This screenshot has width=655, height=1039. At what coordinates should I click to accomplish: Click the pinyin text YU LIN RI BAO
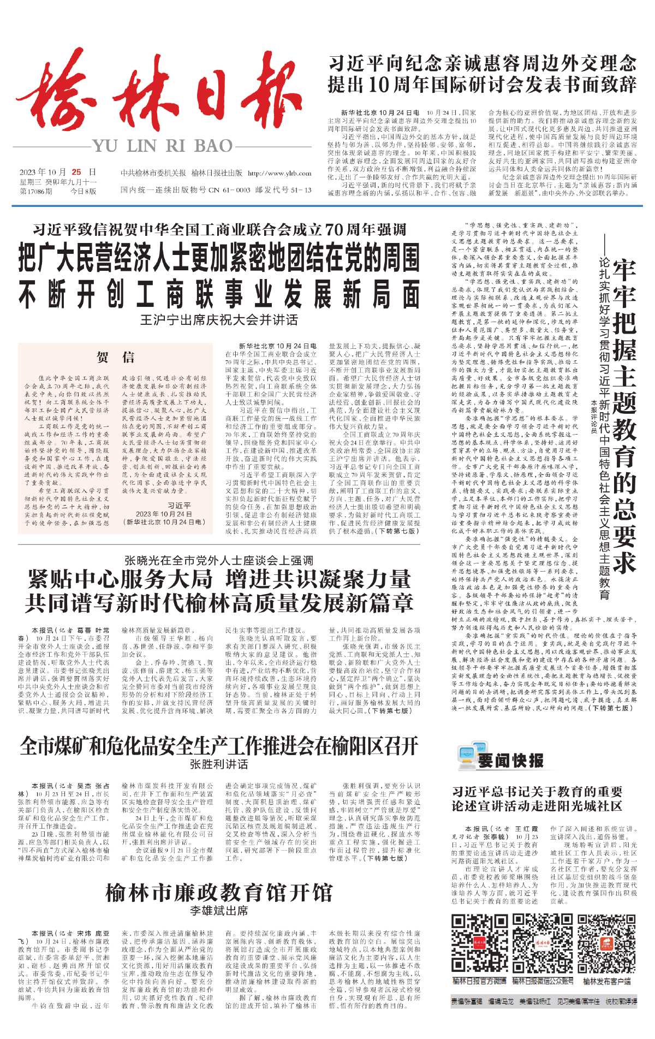[x=163, y=146]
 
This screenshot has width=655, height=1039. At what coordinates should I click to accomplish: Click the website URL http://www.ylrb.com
[x=279, y=173]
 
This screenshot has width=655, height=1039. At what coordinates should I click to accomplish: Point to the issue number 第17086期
[x=36, y=192]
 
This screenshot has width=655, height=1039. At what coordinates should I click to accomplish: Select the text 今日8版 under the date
[x=83, y=192]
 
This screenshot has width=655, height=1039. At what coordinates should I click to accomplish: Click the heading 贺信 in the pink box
[x=115, y=357]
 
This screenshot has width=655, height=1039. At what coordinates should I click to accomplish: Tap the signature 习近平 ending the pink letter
[x=179, y=506]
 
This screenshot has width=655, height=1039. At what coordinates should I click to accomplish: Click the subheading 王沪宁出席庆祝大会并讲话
[x=219, y=320]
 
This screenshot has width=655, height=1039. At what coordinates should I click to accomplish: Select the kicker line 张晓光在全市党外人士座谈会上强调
[x=219, y=561]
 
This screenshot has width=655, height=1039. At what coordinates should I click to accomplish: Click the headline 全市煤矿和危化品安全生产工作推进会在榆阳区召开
[x=219, y=745]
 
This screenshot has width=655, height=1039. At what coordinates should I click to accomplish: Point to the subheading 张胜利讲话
[x=219, y=764]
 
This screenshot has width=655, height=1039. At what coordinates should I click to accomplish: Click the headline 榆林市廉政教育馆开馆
[x=219, y=893]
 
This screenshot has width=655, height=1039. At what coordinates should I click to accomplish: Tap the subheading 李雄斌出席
[x=219, y=911]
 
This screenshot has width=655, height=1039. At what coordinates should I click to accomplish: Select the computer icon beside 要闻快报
[x=467, y=758]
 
